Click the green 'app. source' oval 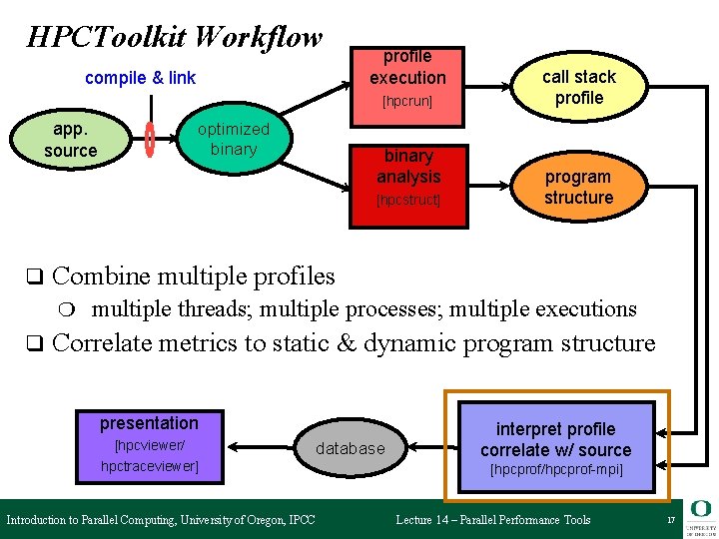click(70, 141)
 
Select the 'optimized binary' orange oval click(233, 140)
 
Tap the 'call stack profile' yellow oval click(579, 87)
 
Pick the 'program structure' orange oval click(578, 187)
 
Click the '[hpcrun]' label click(407, 102)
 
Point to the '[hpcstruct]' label click(407, 201)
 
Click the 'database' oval click(350, 448)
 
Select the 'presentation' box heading click(149, 423)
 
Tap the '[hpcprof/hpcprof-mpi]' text click(555, 469)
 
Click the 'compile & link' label click(140, 78)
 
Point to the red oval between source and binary click(150, 140)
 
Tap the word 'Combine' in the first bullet click(100, 275)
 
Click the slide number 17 click(671, 520)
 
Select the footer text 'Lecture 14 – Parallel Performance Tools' click(493, 520)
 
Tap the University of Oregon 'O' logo click(699, 510)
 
